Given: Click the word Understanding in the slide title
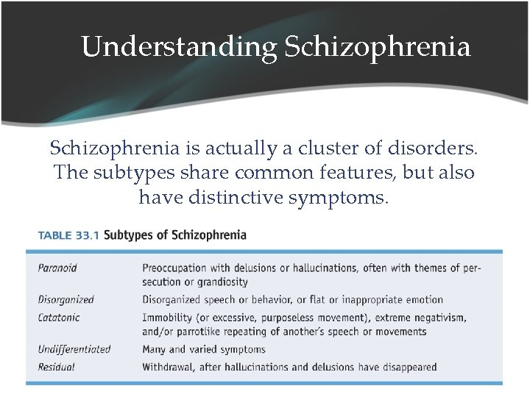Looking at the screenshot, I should [179, 47].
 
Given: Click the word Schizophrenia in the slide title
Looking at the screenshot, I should [376, 47].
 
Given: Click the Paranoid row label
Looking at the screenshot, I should [57, 268].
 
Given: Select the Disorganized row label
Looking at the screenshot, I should [66, 300].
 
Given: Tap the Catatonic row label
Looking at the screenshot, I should [59, 318].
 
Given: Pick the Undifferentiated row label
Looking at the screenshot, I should [74, 349].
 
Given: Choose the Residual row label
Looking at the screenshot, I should [57, 367].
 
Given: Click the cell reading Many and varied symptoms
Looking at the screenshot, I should [204, 349].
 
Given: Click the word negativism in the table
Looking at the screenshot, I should [437, 318].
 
